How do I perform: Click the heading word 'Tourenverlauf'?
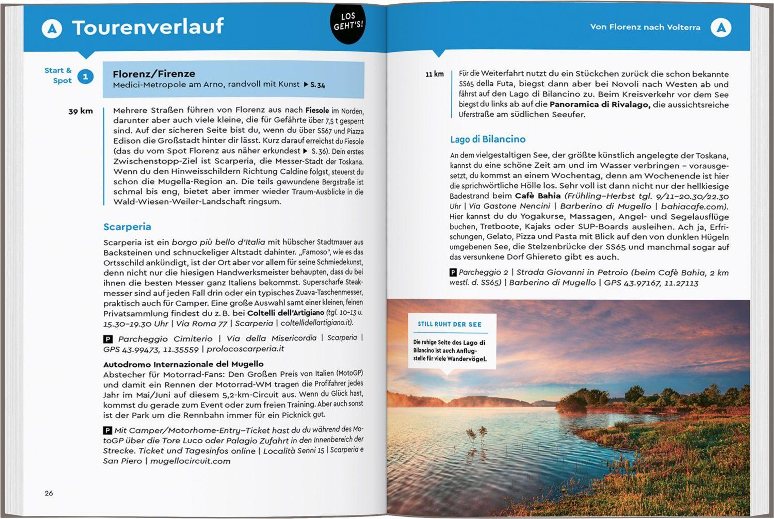148,27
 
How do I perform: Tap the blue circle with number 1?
85,77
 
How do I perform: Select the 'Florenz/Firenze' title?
154,73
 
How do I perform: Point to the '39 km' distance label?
80,111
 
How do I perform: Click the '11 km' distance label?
434,74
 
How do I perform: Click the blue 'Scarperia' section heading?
127,227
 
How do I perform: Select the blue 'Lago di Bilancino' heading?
488,139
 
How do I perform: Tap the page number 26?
49,493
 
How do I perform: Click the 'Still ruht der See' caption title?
449,324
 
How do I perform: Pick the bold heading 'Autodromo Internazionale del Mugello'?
184,364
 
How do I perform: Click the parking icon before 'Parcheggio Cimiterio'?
108,339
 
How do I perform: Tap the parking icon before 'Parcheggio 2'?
453,272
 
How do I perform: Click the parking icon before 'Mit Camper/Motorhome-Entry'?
107,430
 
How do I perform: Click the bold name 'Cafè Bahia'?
538,196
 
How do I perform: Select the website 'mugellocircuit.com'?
190,461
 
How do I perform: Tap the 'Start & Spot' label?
58,75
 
